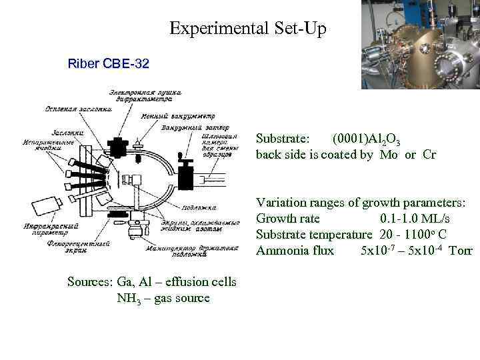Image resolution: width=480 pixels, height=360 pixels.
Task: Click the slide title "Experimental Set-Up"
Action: [248, 29]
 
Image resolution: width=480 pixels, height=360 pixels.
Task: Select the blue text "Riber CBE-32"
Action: [109, 65]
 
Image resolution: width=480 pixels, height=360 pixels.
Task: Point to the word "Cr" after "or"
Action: [429, 155]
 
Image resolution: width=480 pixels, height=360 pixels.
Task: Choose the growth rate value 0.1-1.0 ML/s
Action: [415, 219]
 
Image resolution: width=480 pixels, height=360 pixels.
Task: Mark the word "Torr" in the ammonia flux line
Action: [461, 251]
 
